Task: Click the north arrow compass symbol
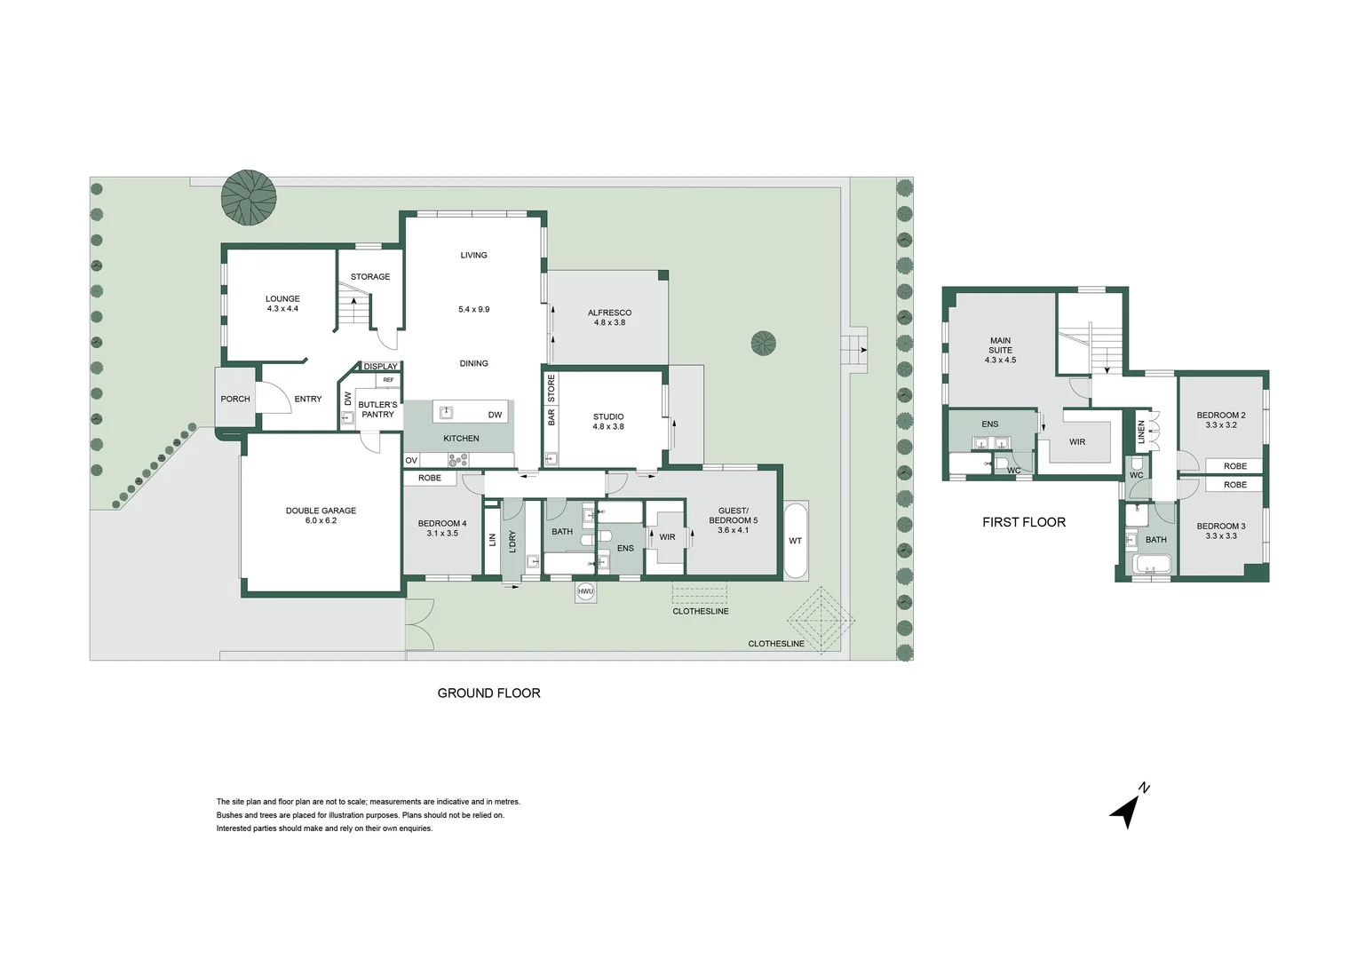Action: pos(1128,808)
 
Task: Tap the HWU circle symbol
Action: pos(585,591)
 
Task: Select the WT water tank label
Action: pos(795,541)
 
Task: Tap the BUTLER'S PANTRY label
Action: pos(377,409)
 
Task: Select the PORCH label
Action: pos(235,399)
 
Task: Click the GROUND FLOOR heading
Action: pos(488,693)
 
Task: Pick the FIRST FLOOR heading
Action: pos(1023,522)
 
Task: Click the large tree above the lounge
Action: pos(249,196)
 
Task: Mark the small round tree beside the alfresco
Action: pos(763,343)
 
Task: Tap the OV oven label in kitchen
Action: pos(411,461)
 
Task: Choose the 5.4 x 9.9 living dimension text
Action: pos(473,309)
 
